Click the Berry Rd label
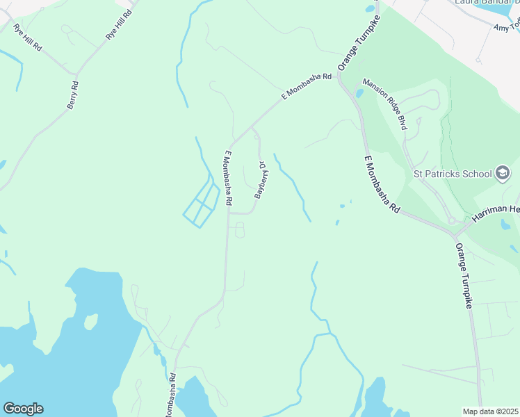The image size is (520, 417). coord(73,95)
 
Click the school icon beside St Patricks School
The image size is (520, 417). coord(503,173)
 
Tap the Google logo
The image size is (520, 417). coord(23,409)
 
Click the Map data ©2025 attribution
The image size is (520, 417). coord(490,411)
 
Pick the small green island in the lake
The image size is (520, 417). coord(90,322)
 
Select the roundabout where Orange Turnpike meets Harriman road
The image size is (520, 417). coord(452,221)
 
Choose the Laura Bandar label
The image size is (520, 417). coord(487,3)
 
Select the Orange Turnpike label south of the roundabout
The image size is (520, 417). coord(464,275)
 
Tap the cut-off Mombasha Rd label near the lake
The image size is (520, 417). coord(170,395)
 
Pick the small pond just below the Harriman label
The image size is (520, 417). coord(505,225)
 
